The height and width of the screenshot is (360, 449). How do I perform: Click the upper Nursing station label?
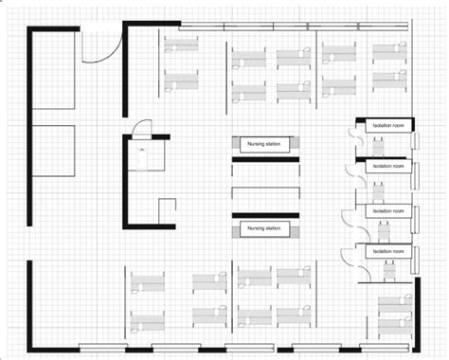(263, 144)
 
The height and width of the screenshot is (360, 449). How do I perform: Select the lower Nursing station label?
(263, 228)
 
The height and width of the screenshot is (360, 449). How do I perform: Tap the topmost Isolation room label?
(388, 125)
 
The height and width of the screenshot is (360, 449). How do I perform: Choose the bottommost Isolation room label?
(388, 251)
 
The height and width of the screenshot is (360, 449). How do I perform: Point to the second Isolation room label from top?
(388, 166)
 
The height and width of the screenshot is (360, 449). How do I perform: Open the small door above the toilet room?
(141, 129)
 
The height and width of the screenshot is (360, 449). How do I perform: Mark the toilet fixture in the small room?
(142, 157)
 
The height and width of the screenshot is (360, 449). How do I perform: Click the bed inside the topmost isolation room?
(378, 146)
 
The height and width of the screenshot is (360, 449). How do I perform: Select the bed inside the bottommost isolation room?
(390, 271)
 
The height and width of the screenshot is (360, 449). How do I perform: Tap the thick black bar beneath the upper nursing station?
(265, 159)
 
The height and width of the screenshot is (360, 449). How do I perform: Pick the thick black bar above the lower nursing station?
(265, 216)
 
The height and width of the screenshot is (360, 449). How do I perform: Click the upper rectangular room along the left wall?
(54, 69)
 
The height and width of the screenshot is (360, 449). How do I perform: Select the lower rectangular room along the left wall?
(54, 151)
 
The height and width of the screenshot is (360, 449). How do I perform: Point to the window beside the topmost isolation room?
(415, 141)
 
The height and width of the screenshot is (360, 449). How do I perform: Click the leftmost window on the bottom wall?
(102, 348)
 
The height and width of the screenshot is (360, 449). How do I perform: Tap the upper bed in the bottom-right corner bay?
(395, 303)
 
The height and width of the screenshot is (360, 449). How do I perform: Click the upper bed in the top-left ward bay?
(181, 45)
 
